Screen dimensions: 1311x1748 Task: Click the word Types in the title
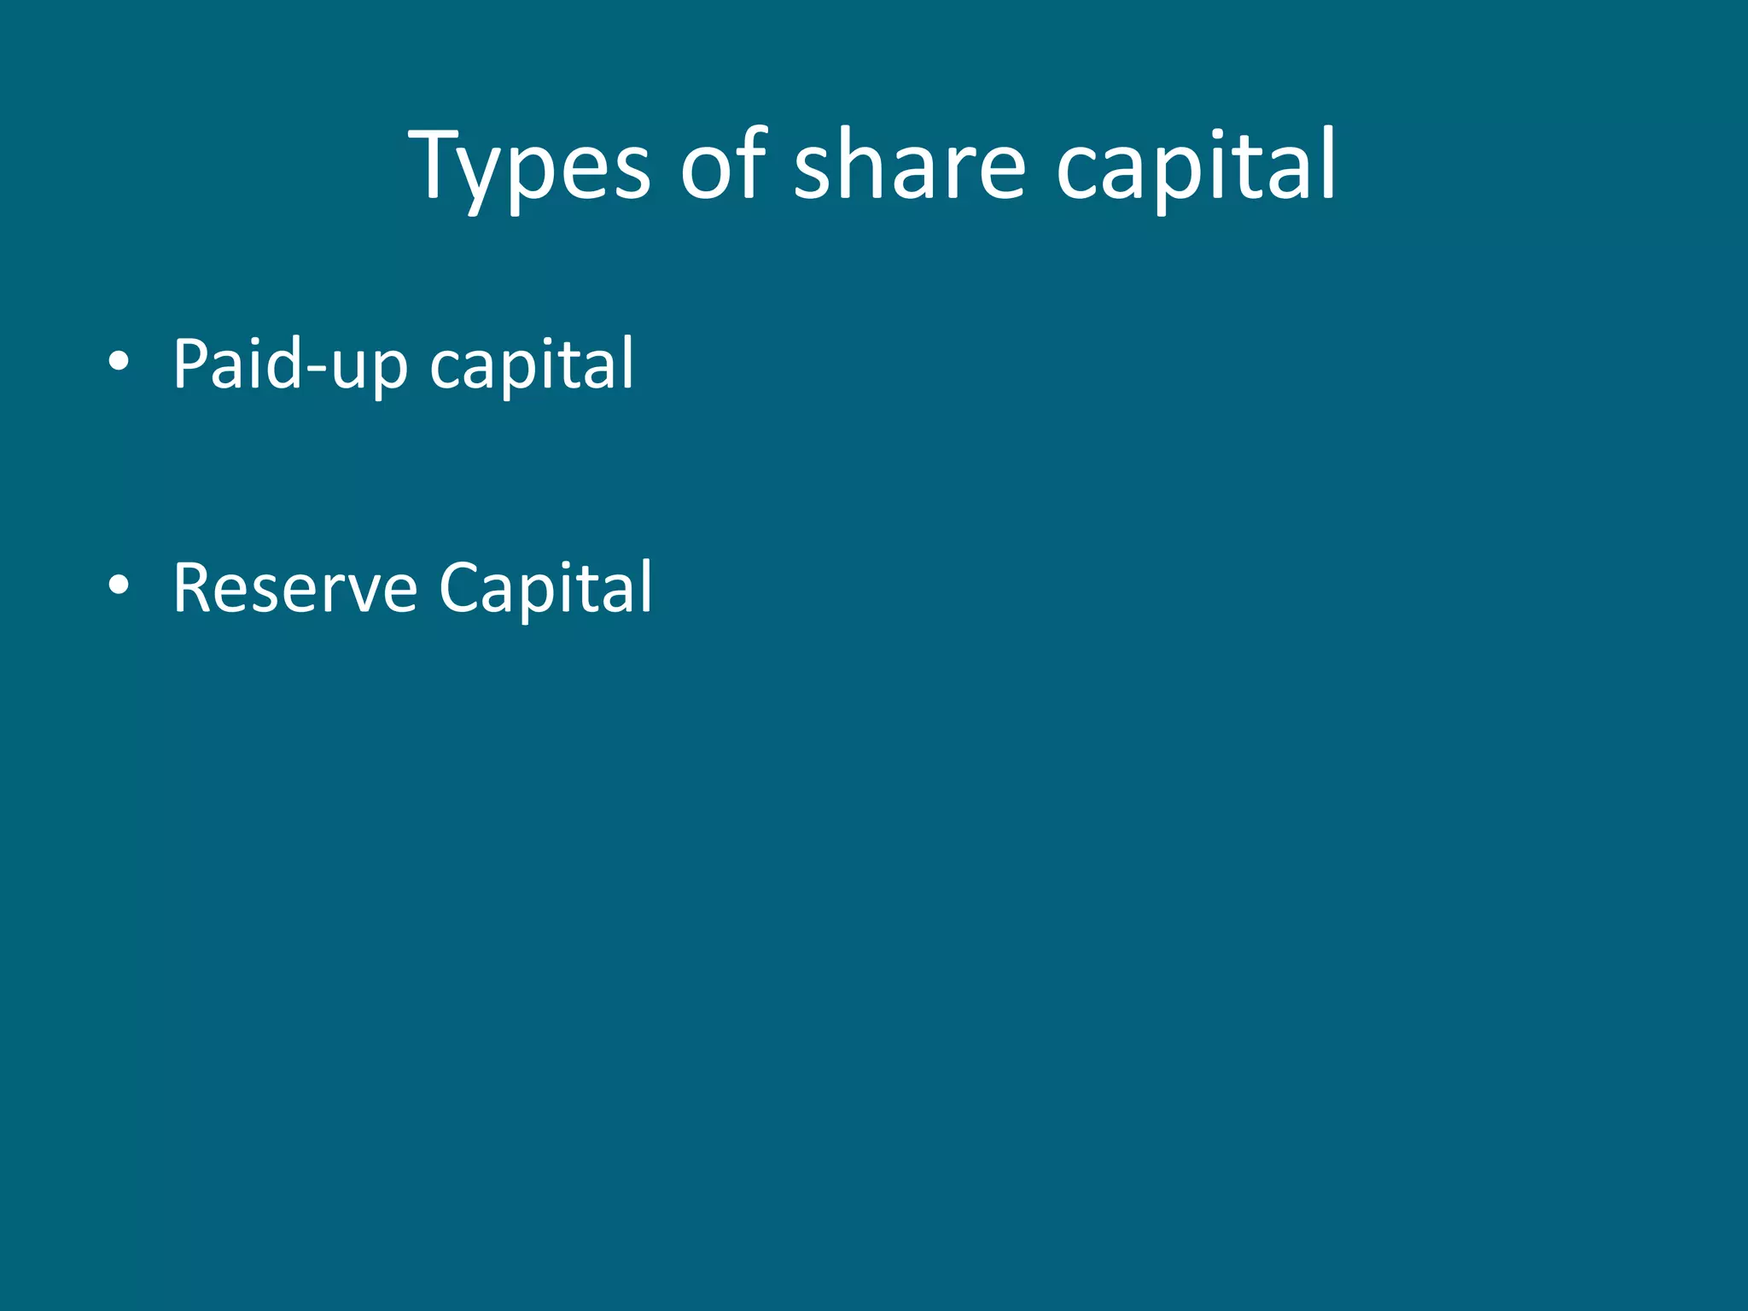pos(530,166)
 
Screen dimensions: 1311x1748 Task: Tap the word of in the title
pos(724,166)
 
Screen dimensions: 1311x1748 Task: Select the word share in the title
pos(910,166)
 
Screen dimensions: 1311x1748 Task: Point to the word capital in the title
pos(1195,166)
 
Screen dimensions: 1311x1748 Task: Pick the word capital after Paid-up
pos(532,365)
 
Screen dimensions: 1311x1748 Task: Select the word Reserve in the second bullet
pos(294,588)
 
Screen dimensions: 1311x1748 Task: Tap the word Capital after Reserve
pos(545,588)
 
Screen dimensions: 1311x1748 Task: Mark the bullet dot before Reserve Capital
pos(119,585)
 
